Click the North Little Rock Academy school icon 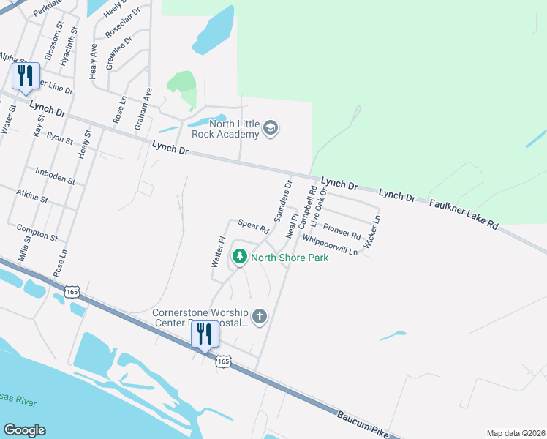(x=271, y=129)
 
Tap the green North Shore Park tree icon (x=239, y=257)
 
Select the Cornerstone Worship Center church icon (x=259, y=316)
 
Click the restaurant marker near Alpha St (x=26, y=76)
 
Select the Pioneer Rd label (x=342, y=232)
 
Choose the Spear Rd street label (x=254, y=226)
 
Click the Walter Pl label (x=217, y=251)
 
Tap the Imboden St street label (x=55, y=176)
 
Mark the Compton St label (x=37, y=232)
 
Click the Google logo (x=24, y=430)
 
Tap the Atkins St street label (x=31, y=195)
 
